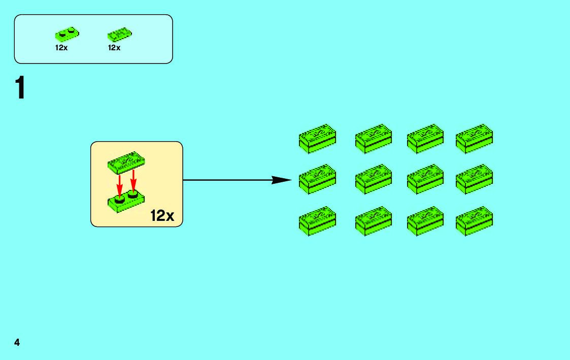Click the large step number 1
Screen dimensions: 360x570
coord(20,88)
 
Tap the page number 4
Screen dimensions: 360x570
coord(17,342)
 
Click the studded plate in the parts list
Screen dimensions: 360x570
coord(67,35)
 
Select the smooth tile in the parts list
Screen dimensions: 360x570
coord(119,35)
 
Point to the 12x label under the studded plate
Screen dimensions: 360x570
coord(61,48)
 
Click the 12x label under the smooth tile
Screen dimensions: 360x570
coord(114,48)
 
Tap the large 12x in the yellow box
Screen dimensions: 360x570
coord(162,215)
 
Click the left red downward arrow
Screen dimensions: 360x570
coord(120,185)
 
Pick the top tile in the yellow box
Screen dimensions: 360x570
coord(126,161)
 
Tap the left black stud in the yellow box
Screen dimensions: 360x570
coord(120,200)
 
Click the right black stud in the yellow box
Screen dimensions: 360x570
coord(133,194)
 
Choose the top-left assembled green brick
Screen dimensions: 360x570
coord(317,138)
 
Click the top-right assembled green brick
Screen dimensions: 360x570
coord(474,138)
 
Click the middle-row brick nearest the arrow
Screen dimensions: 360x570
coord(317,179)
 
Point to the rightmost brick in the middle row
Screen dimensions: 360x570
coord(474,179)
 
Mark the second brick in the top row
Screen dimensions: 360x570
coord(374,138)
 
